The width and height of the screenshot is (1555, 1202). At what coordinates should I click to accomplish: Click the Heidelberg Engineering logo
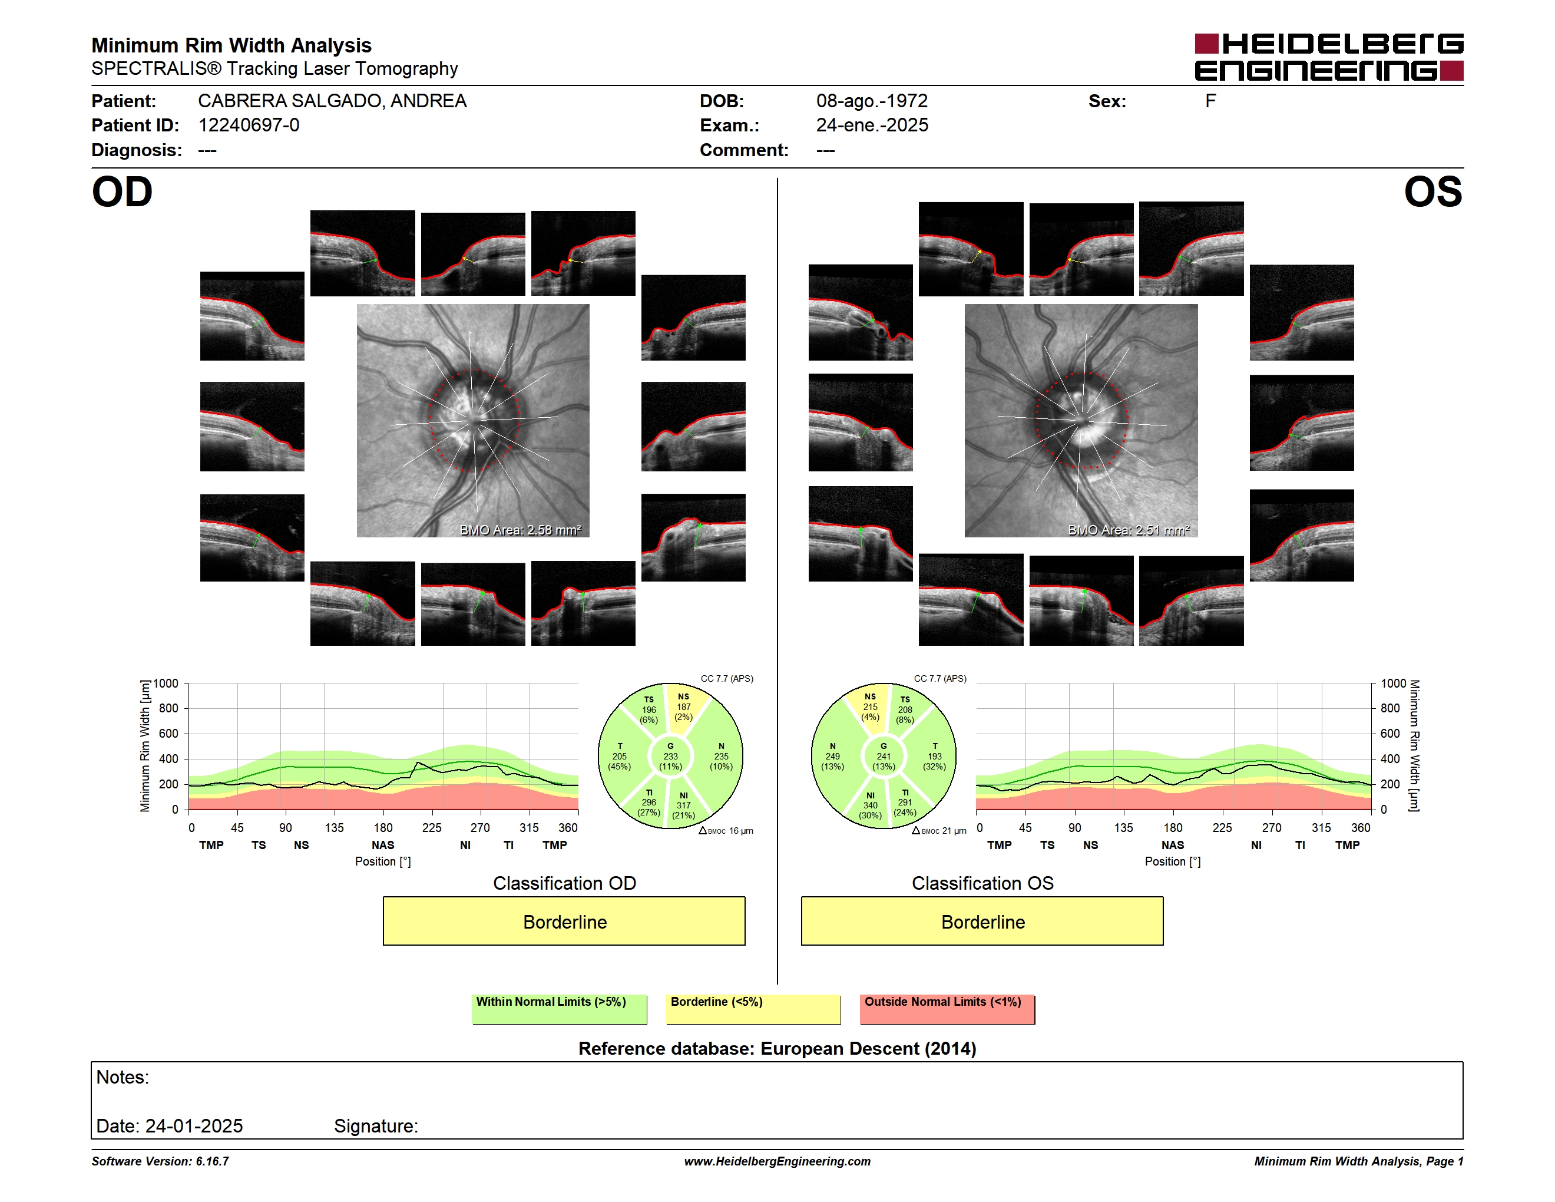[x=1329, y=57]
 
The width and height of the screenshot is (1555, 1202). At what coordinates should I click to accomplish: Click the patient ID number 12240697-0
[x=249, y=126]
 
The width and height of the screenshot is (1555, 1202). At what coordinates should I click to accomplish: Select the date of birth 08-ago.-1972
[x=872, y=101]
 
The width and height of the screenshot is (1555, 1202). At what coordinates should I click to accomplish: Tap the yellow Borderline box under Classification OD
[x=564, y=921]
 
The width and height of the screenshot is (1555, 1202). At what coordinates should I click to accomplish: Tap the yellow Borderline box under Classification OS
[x=982, y=921]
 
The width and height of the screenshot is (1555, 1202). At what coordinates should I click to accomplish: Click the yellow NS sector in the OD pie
[x=685, y=705]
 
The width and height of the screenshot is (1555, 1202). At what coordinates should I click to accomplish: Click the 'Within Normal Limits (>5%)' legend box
[x=559, y=1009]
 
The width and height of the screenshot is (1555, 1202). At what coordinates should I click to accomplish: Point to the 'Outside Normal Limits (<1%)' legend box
[x=947, y=1009]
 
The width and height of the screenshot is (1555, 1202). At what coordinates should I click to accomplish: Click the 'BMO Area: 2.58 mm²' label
[x=520, y=530]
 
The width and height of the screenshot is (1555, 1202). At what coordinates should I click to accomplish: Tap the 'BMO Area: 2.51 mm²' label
[x=1129, y=530]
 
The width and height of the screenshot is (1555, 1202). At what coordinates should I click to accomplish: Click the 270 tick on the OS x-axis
[x=1272, y=827]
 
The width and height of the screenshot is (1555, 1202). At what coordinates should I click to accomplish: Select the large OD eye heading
[x=122, y=192]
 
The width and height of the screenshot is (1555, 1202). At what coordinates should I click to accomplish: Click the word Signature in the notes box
[x=375, y=1126]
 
